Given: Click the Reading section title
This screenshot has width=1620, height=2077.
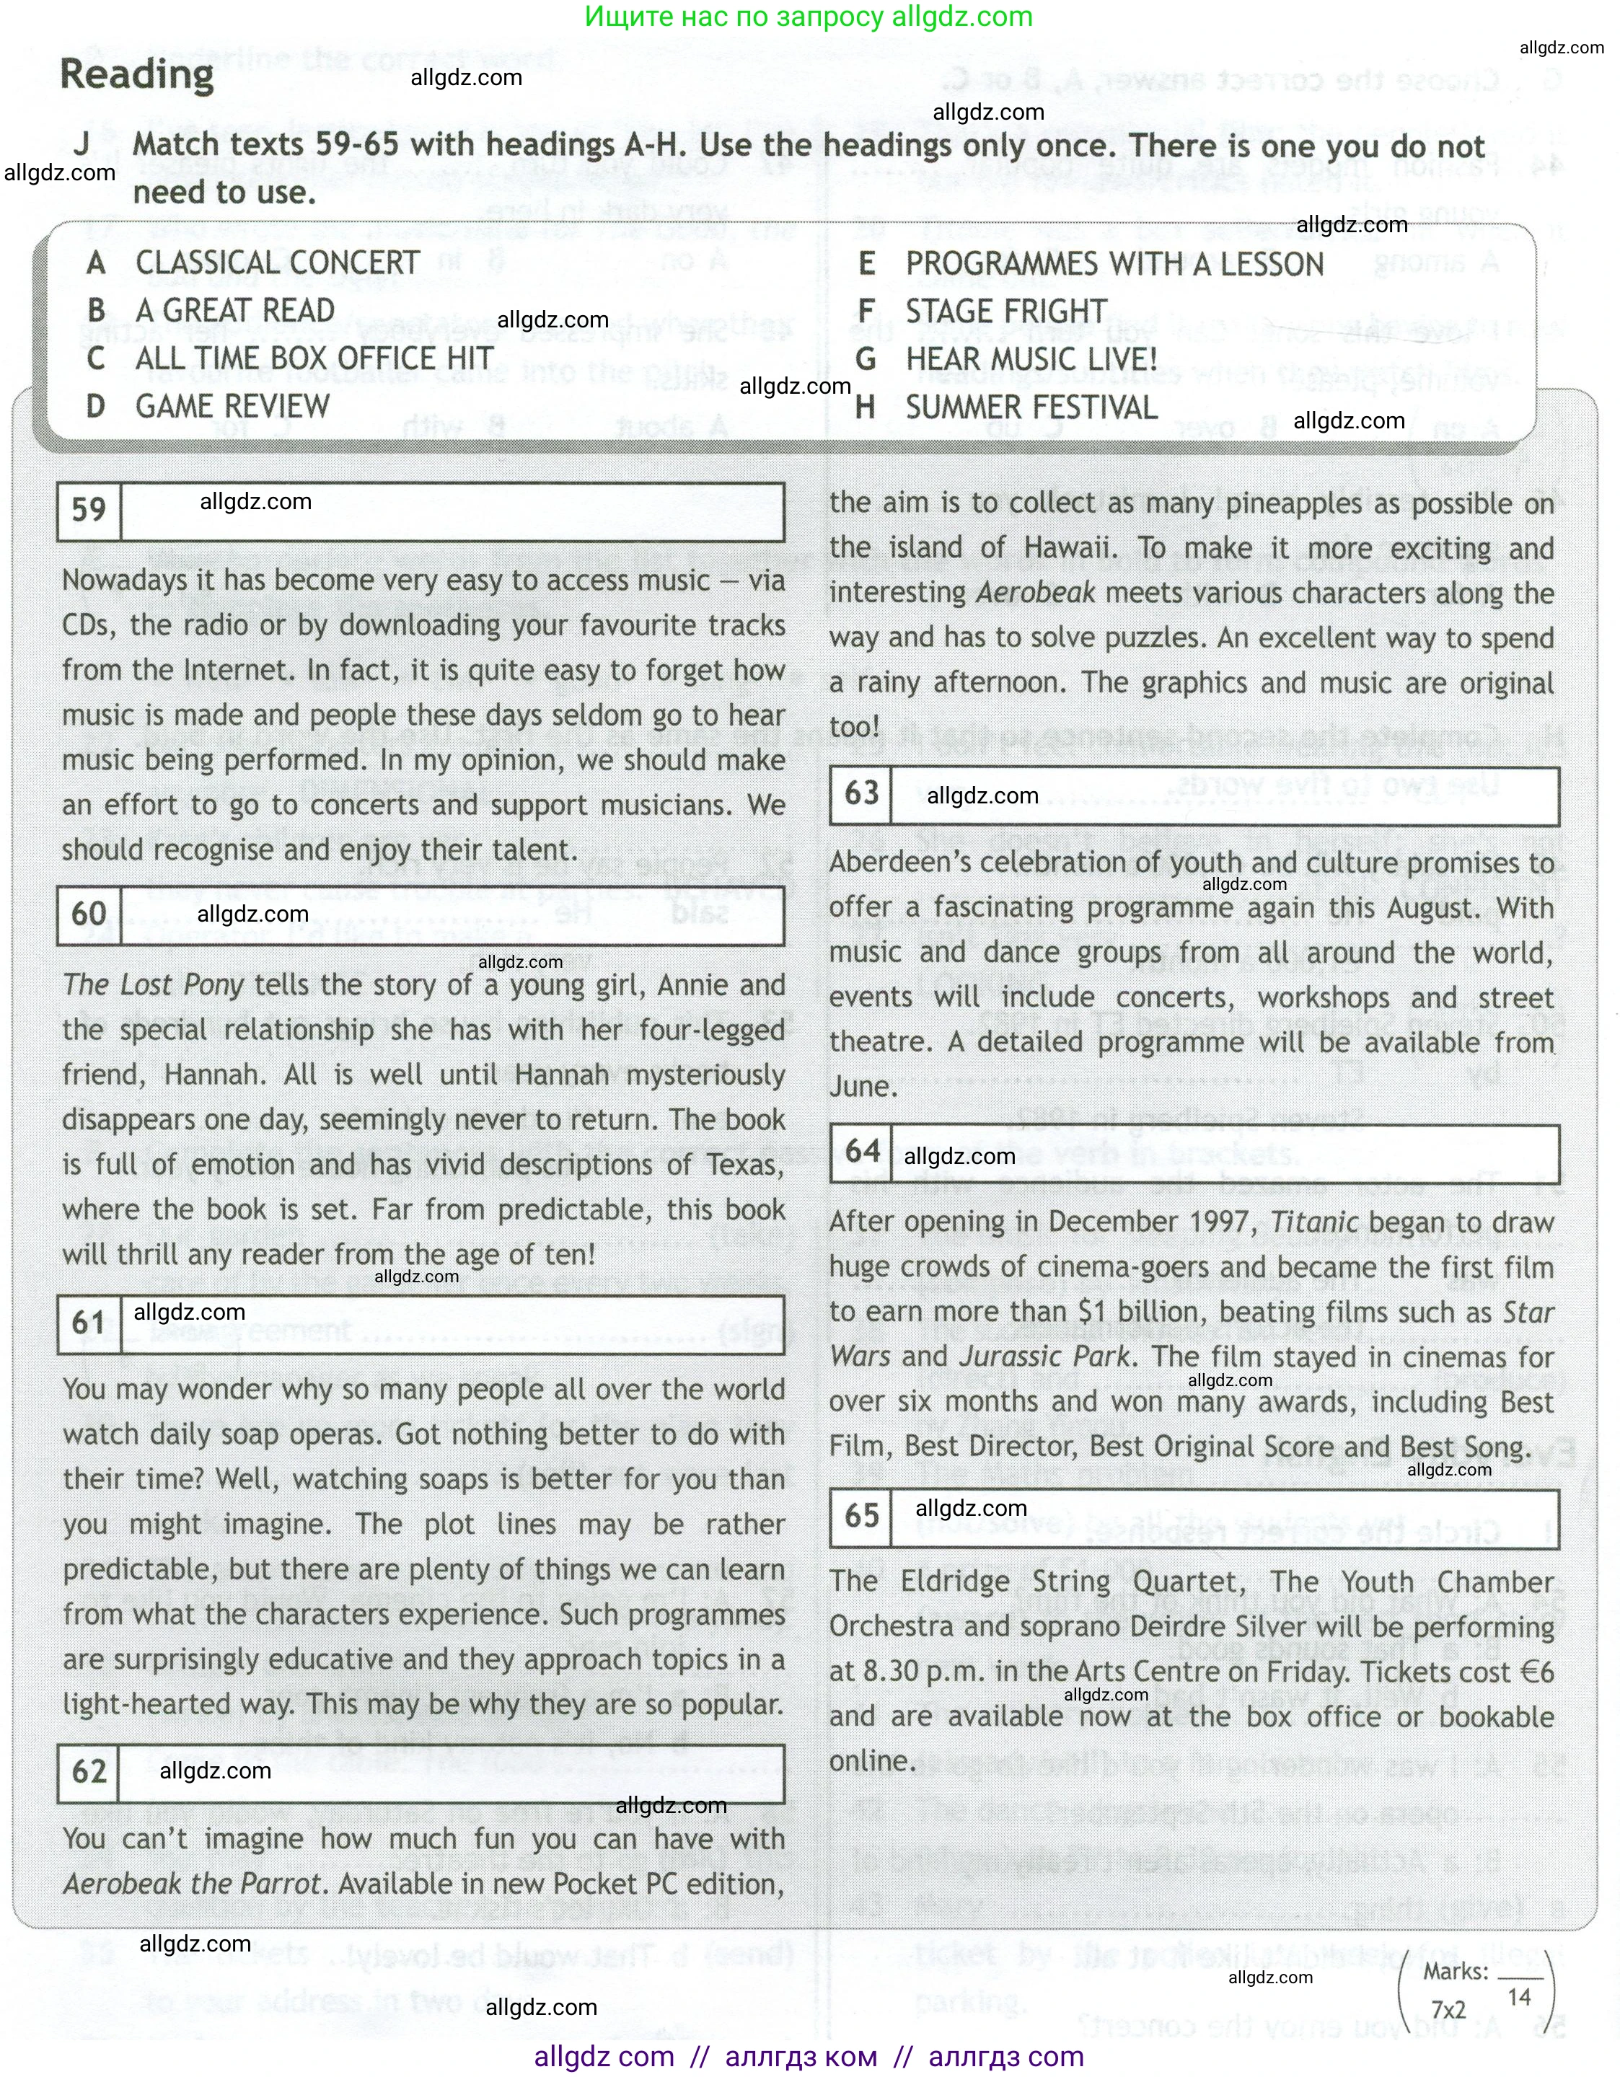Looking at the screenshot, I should (x=137, y=74).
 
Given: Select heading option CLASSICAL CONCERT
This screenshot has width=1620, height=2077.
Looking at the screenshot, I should (x=277, y=263).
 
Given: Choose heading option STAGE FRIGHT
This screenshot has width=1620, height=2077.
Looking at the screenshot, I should (x=1005, y=311).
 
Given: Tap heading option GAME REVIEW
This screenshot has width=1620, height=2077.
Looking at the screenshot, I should (x=232, y=407).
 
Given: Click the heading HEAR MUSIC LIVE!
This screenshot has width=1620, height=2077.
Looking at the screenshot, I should (x=1031, y=359).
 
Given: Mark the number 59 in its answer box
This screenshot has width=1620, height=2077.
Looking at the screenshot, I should (x=89, y=510).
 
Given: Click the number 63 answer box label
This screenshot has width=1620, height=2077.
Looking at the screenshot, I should (x=862, y=793).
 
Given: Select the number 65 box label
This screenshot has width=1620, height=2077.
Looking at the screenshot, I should (x=862, y=1515).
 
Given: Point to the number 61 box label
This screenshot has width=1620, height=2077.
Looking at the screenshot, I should (x=89, y=1323).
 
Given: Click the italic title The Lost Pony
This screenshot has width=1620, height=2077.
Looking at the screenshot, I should (x=153, y=985).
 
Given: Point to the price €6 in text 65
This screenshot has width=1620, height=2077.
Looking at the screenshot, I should (x=1536, y=1672).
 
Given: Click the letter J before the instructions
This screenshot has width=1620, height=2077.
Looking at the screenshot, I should (x=82, y=144).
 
